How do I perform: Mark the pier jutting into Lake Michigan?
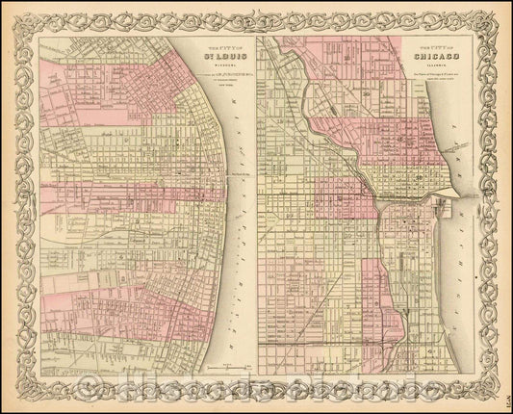pyautogui.click(x=446, y=192)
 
